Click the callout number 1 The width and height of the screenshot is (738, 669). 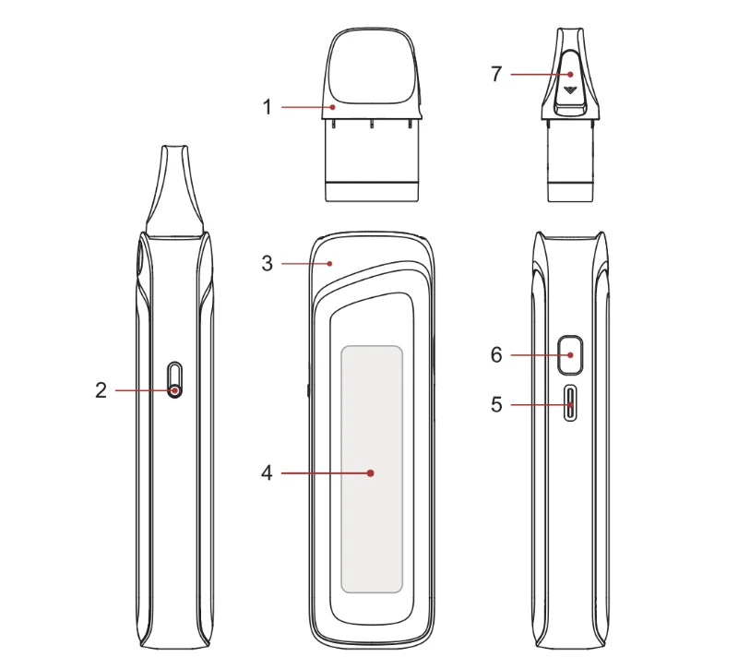268,107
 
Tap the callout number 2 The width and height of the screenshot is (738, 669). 101,390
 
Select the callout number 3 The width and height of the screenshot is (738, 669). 268,263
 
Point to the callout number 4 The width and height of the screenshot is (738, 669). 268,473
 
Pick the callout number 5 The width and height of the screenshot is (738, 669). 496,404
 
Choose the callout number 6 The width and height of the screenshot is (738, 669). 496,354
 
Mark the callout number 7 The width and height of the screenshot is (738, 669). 496,74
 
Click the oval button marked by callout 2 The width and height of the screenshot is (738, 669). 175,379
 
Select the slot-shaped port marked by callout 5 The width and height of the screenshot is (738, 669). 571,403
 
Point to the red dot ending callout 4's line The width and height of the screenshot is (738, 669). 370,473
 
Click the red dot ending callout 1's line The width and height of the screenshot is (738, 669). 334,107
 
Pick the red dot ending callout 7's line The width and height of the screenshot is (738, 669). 571,74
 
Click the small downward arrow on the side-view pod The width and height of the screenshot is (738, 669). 571,90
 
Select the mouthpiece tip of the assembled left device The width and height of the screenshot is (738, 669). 175,152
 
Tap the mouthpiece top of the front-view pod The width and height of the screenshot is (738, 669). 373,65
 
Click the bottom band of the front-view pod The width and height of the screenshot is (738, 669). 373,191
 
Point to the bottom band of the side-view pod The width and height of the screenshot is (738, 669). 571,192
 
